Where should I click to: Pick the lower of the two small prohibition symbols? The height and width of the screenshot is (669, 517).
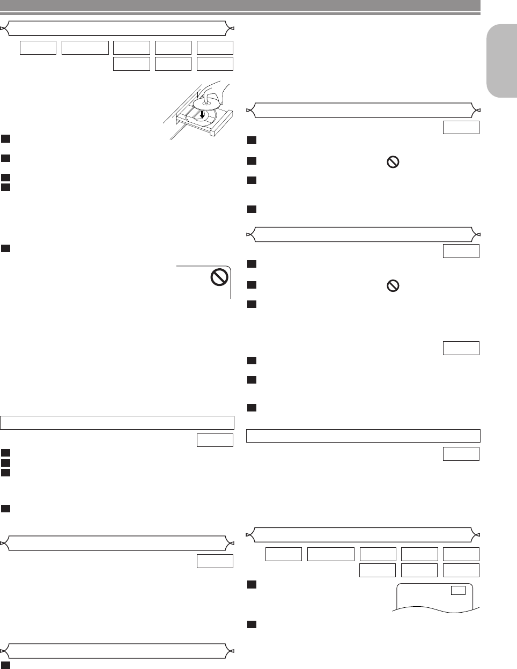[393, 287]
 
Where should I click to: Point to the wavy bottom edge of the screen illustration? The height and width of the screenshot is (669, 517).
[435, 609]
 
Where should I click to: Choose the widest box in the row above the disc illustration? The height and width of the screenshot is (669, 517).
[85, 47]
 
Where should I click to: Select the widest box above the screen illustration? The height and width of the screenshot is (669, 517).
[331, 554]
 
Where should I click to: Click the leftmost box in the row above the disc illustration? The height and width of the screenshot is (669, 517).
[38, 47]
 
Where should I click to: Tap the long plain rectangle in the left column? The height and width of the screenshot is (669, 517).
[117, 422]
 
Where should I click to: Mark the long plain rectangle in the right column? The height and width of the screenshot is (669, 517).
[363, 435]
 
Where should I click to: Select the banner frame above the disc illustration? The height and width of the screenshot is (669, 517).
[117, 28]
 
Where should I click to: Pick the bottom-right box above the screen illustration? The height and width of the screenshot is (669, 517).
[461, 570]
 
